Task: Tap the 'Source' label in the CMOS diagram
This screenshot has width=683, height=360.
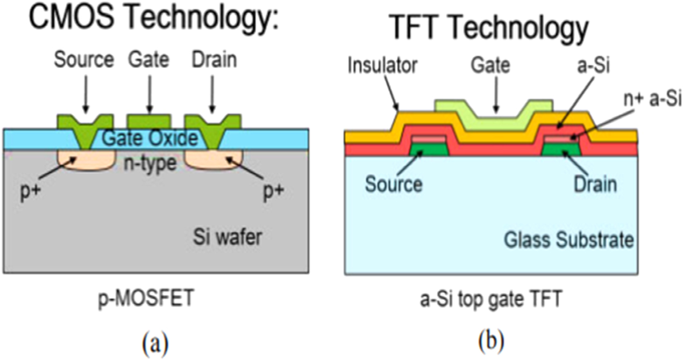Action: pos(84,60)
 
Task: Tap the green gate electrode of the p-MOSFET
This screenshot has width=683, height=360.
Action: pos(148,122)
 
